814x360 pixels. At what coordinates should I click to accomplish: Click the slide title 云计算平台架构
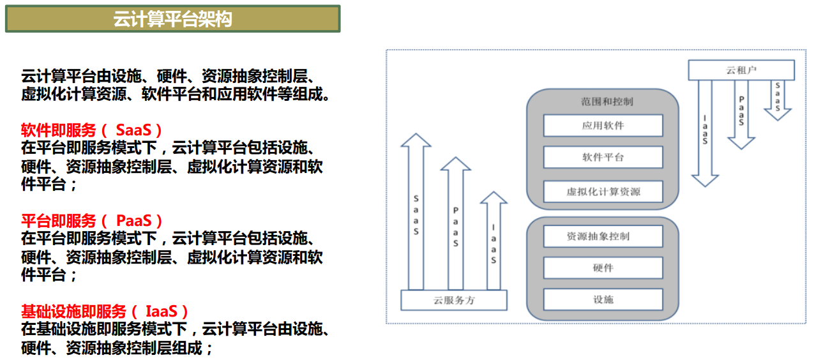point(172,19)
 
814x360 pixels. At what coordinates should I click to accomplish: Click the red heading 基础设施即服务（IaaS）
point(105,311)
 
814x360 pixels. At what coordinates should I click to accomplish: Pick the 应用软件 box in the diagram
point(603,126)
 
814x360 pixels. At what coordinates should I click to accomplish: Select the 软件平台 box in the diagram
point(603,157)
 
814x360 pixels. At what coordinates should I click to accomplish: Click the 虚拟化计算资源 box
point(603,191)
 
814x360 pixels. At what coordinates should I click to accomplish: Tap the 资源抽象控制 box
point(603,236)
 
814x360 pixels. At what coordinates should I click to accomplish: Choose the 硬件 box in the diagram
point(603,268)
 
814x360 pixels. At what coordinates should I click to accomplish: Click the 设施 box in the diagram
point(603,299)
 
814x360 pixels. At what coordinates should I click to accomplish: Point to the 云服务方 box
point(454,300)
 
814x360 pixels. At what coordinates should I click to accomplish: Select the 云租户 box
point(741,70)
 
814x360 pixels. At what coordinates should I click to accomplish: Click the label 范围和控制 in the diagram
point(603,101)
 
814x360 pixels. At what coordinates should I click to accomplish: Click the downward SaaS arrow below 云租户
point(778,99)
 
